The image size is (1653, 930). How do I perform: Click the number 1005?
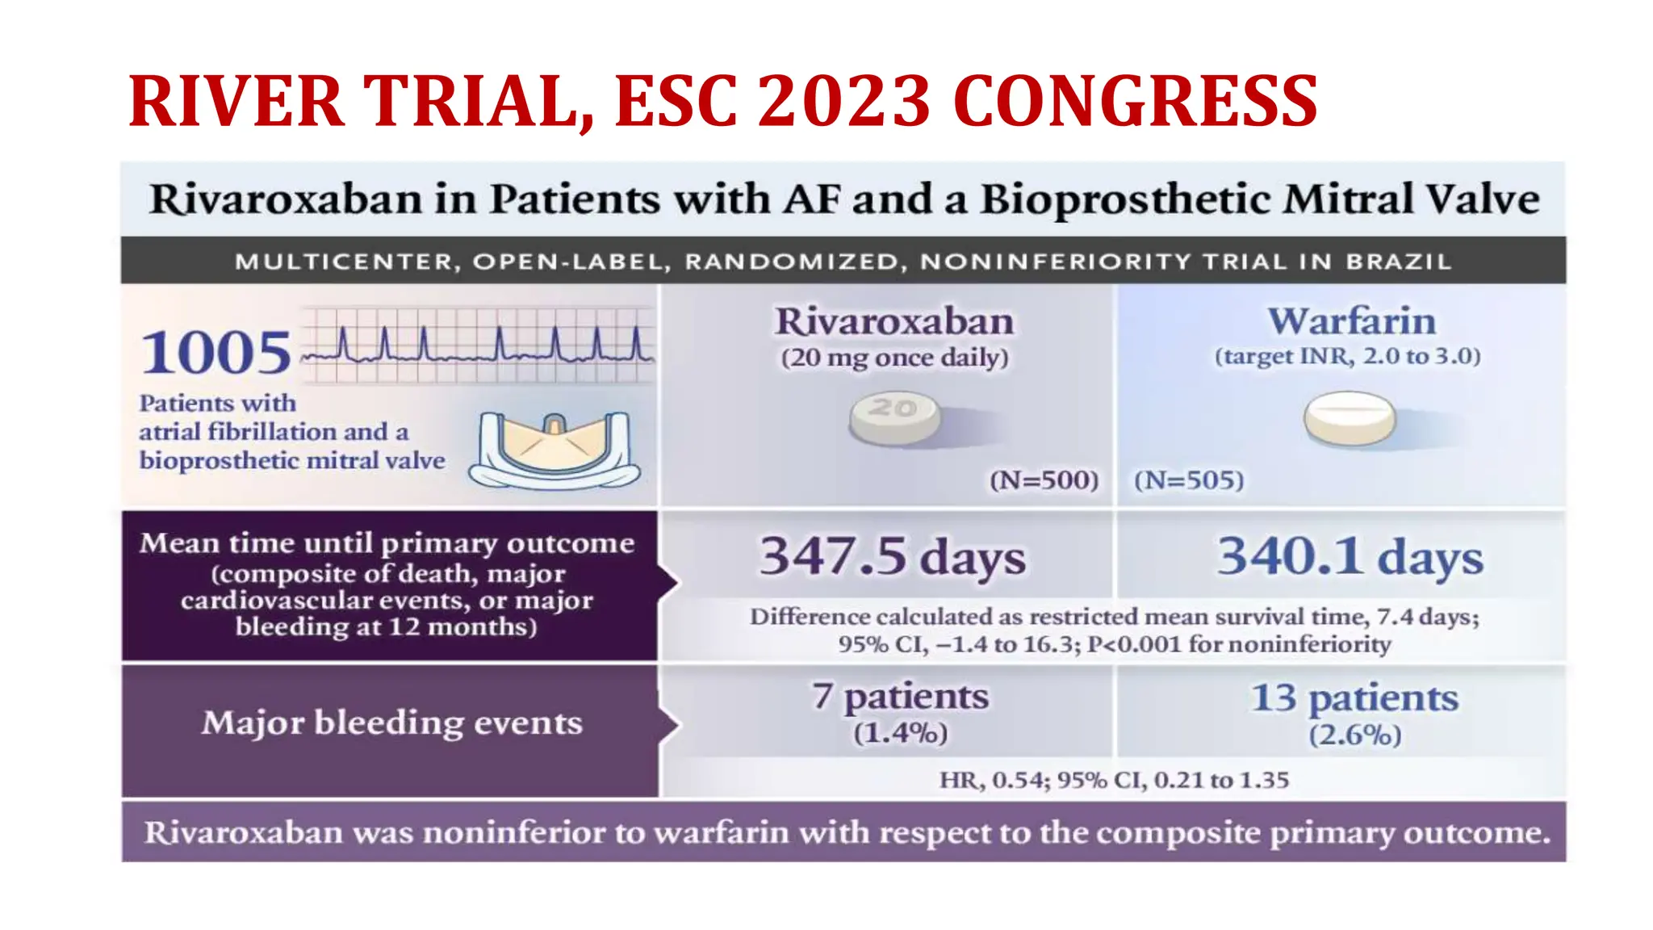click(x=216, y=353)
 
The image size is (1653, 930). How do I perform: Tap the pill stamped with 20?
click(x=894, y=418)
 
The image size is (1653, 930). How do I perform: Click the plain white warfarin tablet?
click(x=1350, y=418)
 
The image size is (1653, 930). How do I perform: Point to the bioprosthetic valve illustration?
click(x=554, y=450)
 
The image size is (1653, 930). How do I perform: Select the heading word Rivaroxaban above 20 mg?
click(x=894, y=321)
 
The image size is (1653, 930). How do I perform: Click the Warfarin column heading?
click(x=1351, y=320)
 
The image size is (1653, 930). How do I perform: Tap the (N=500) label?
click(x=1044, y=480)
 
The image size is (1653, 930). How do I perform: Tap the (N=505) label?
click(x=1189, y=480)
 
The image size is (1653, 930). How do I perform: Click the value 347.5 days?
click(x=893, y=556)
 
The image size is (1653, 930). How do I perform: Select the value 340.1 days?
click(x=1350, y=556)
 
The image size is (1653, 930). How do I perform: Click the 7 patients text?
click(x=900, y=696)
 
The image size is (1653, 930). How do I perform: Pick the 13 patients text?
click(x=1354, y=697)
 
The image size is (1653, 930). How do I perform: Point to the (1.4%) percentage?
click(x=900, y=733)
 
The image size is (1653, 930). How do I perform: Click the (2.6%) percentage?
click(x=1354, y=735)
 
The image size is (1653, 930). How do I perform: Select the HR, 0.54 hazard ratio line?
click(x=1113, y=780)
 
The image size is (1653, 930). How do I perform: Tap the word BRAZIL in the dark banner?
click(x=1398, y=262)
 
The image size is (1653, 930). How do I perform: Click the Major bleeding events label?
click(x=391, y=723)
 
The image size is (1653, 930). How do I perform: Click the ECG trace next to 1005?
click(x=476, y=346)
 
